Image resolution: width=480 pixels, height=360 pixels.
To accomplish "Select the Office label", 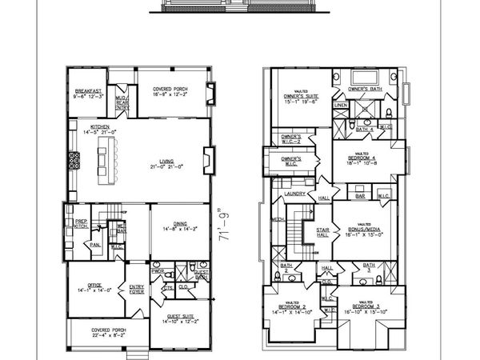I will [x=86, y=290].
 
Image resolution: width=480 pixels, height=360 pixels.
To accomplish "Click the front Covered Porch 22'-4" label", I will [x=106, y=335].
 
